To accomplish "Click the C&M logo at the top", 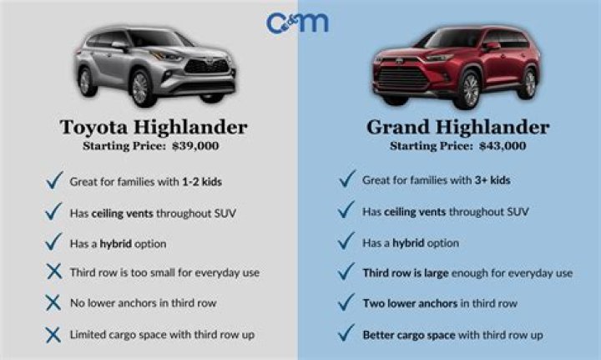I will (x=297, y=21).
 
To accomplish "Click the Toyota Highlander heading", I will (x=153, y=127).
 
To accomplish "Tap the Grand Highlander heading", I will (x=457, y=127).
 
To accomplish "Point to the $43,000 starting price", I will (x=502, y=145).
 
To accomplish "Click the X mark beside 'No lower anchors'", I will (x=53, y=303).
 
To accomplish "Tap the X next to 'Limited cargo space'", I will (x=53, y=334).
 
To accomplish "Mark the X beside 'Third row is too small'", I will (x=53, y=272).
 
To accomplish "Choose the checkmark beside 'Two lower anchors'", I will (x=346, y=302).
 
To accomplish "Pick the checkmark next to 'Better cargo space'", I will (x=346, y=333).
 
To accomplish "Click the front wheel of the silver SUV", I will (x=139, y=87).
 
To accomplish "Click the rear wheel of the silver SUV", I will (x=84, y=80).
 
